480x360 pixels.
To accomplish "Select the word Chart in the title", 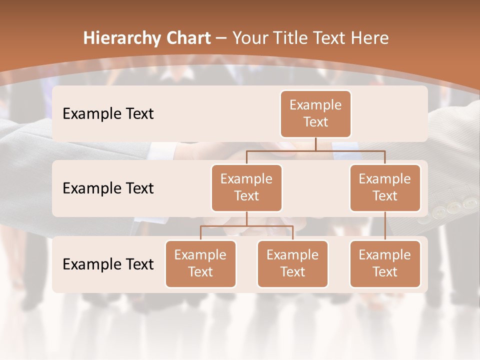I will click(x=188, y=38).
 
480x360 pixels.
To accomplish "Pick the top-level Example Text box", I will click(x=315, y=113).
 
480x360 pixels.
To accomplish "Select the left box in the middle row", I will click(x=246, y=187).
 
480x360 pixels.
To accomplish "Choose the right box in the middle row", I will click(x=385, y=187).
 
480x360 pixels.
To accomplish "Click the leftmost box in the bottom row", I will click(x=200, y=263).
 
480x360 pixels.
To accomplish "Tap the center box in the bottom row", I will click(x=292, y=263).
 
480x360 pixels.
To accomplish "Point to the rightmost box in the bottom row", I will click(x=385, y=263).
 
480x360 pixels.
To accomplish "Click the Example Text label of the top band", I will click(x=108, y=114).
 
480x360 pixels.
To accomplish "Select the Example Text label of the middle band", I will click(x=108, y=188).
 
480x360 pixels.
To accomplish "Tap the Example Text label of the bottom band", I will click(x=108, y=264).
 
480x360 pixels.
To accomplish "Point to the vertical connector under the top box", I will click(x=315, y=144).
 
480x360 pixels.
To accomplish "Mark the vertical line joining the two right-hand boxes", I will click(x=385, y=225).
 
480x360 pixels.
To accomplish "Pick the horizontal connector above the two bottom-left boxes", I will click(x=246, y=226).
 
